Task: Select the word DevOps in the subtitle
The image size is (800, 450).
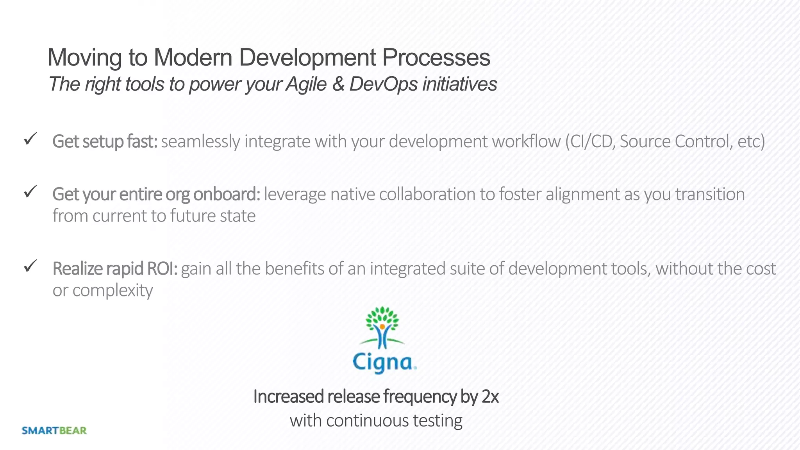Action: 383,84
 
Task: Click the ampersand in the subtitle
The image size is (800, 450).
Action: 338,84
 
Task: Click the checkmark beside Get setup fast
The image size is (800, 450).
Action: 30,139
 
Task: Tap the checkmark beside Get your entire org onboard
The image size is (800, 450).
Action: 30,191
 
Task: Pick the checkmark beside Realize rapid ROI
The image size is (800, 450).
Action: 30,266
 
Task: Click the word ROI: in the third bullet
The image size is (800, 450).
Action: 162,269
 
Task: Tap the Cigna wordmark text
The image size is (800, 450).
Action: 384,362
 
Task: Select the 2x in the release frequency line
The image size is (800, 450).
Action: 490,396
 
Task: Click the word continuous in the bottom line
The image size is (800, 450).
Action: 367,421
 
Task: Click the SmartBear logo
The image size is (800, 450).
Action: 54,430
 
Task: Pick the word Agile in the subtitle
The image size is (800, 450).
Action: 306,84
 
